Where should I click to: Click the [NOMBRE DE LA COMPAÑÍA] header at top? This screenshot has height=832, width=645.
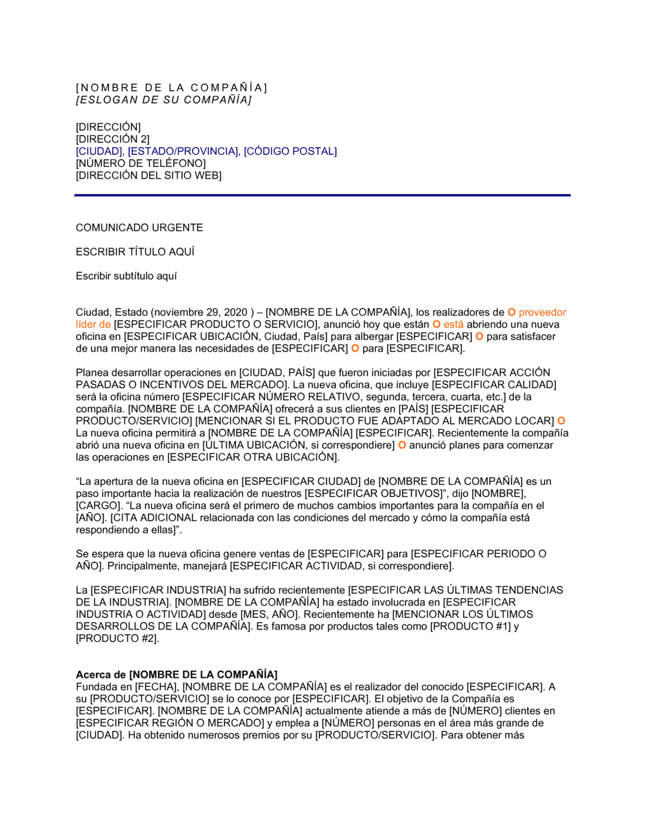tap(171, 88)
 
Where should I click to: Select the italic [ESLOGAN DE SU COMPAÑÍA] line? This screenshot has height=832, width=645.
tap(164, 100)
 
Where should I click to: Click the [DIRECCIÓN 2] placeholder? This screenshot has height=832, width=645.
tap(112, 139)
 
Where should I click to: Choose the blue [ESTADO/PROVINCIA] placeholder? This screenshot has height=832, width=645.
tap(183, 152)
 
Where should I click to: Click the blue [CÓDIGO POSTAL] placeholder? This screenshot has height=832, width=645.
tap(290, 152)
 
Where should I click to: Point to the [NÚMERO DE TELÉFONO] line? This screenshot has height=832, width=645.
tap(141, 164)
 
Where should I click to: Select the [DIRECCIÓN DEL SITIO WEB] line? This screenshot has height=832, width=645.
tap(148, 175)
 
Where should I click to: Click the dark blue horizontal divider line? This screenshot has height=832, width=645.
tap(322, 195)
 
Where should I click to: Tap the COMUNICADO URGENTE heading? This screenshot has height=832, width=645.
tap(139, 228)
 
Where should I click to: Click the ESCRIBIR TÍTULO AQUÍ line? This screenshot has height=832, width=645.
tap(135, 252)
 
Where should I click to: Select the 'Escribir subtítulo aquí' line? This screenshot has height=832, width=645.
tap(126, 276)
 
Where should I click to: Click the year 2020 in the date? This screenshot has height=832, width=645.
tap(235, 313)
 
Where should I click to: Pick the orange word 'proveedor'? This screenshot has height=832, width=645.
tap(542, 313)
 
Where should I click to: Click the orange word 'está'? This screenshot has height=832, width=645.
tap(453, 324)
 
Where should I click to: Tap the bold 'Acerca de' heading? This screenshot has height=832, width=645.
tap(101, 675)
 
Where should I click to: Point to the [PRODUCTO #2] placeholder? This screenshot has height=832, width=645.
tap(117, 639)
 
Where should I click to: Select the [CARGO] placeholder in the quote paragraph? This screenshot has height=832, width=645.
tap(99, 506)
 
